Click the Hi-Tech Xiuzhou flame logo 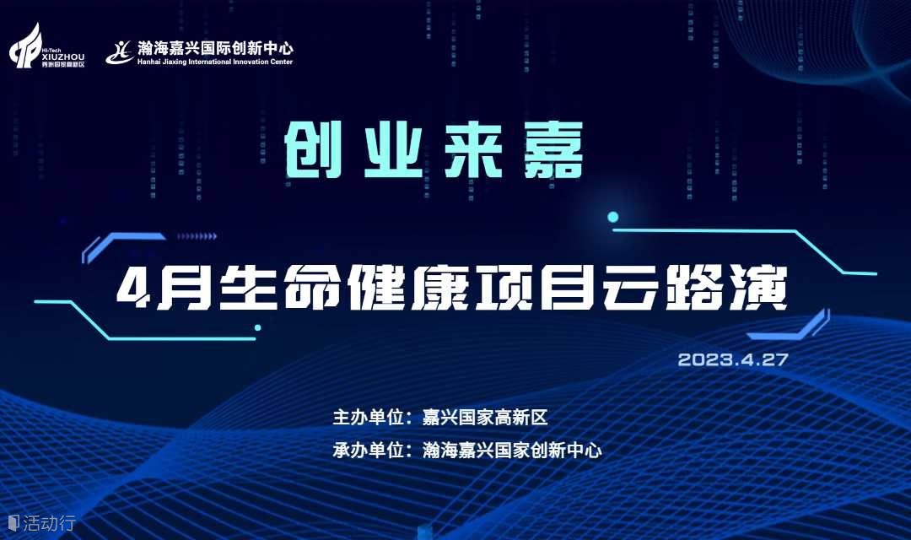(x=25, y=46)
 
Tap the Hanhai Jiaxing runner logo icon (x=119, y=52)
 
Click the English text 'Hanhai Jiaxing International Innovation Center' (x=215, y=62)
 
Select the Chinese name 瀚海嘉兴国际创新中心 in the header (x=215, y=48)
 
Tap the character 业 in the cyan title (x=393, y=150)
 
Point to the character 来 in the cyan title (x=473, y=150)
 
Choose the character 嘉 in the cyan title (x=553, y=150)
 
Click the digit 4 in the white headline (x=134, y=289)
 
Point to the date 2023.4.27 (x=733, y=359)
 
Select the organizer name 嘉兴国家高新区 (x=484, y=418)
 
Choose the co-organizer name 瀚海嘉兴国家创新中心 (x=512, y=450)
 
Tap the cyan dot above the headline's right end (x=612, y=218)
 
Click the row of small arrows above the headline (x=197, y=236)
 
